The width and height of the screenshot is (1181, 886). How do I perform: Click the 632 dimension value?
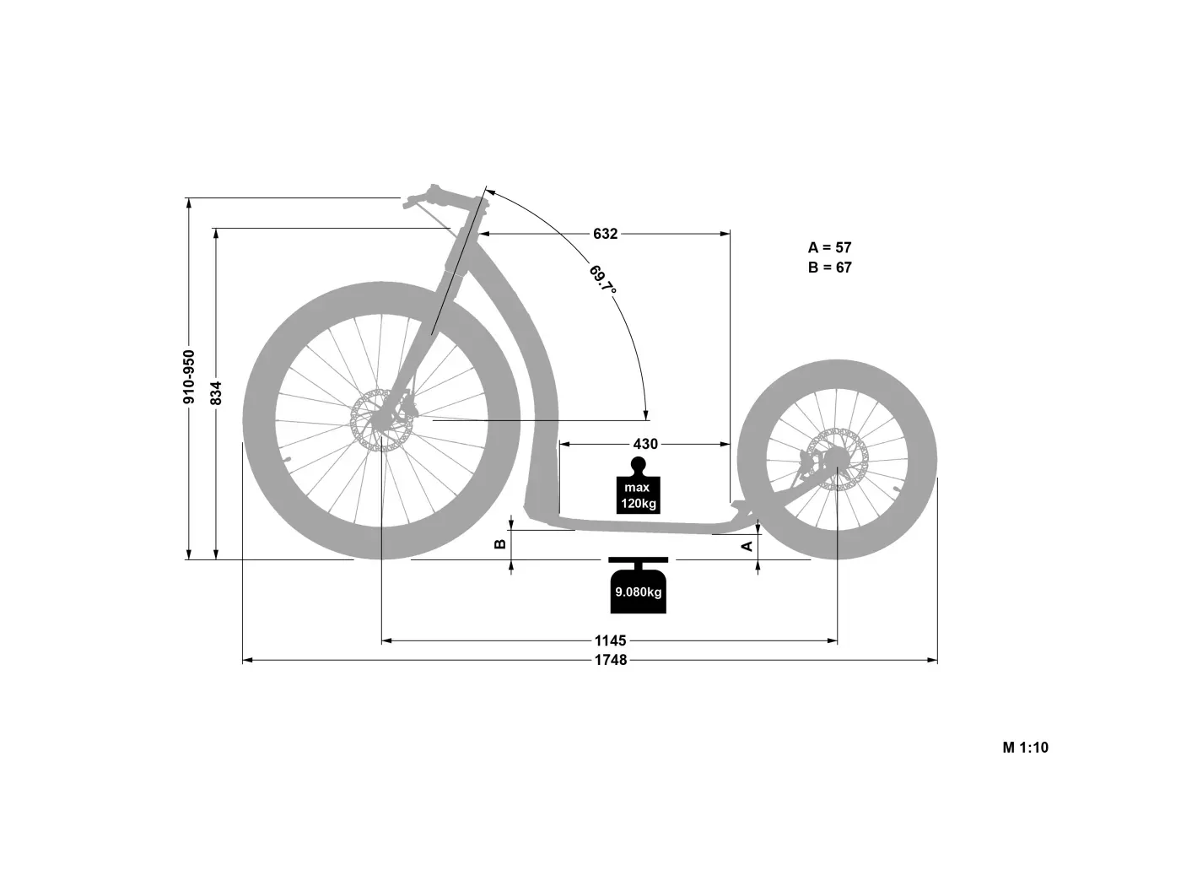tap(606, 234)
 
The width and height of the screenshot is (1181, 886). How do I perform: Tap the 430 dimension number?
tap(645, 445)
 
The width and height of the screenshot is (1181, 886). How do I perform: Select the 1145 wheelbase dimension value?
tap(611, 640)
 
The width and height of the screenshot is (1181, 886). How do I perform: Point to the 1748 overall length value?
tap(611, 660)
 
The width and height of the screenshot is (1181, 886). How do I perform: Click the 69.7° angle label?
tap(602, 280)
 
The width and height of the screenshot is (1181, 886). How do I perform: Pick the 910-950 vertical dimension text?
tap(189, 376)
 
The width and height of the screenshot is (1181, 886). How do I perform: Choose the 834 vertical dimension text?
tap(216, 392)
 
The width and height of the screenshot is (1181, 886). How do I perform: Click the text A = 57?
tap(829, 247)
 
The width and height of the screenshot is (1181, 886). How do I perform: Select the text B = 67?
tap(830, 267)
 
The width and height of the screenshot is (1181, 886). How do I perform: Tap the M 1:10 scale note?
tap(1026, 748)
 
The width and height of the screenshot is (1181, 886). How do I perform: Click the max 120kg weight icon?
tap(638, 486)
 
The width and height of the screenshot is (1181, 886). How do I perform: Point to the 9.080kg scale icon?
tap(638, 586)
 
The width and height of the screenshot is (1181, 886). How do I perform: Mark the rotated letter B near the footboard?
tap(500, 544)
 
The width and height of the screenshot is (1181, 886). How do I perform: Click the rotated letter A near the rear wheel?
tap(747, 547)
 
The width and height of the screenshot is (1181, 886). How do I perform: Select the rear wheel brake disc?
tap(838, 459)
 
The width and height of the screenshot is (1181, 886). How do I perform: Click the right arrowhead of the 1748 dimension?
tap(932, 660)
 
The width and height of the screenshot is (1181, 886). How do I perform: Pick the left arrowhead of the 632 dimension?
tap(484, 234)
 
